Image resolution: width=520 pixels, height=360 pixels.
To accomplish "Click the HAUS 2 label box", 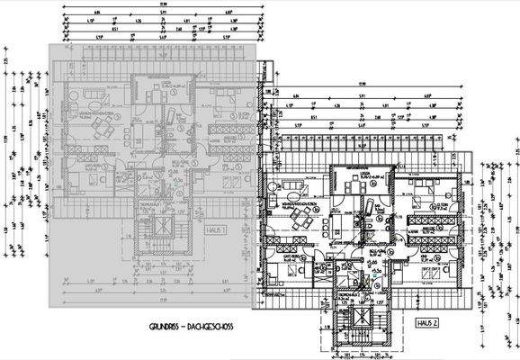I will point(426,321).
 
